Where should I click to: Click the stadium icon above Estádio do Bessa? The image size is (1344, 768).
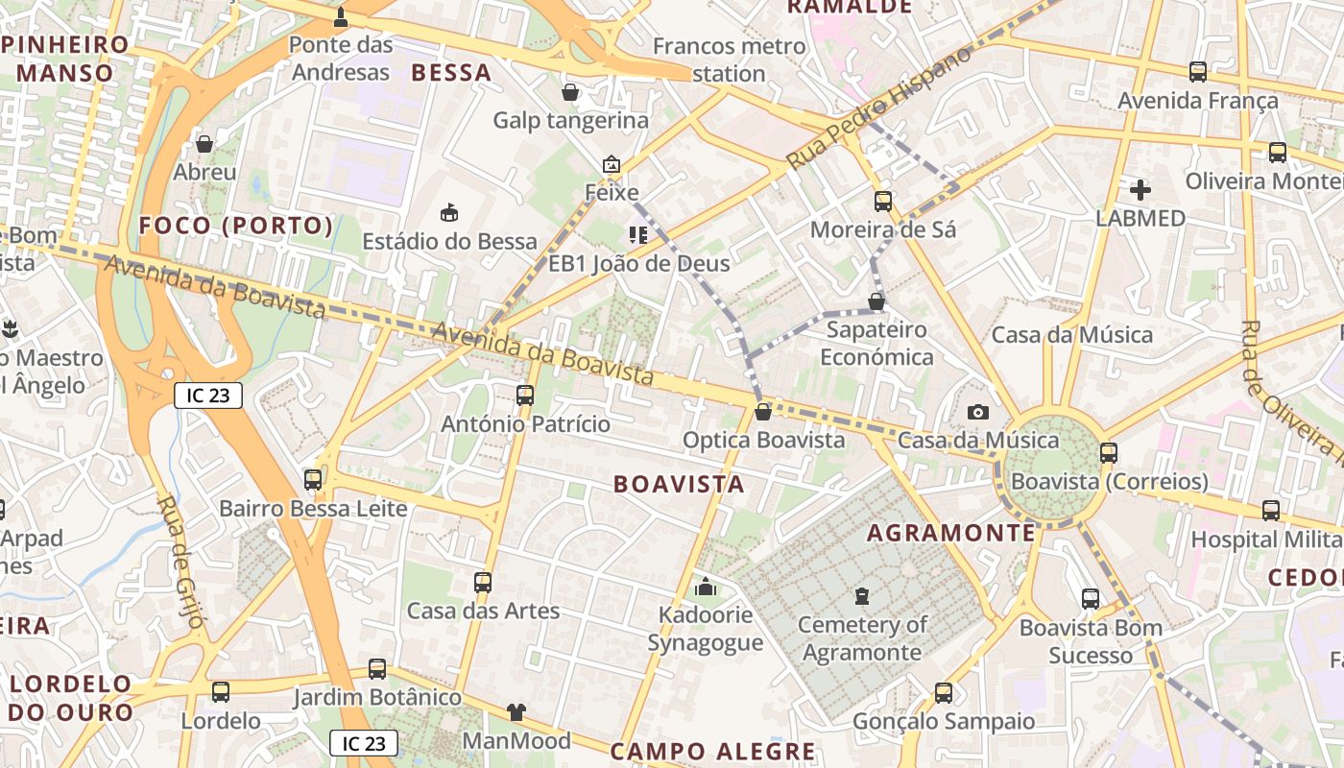448,212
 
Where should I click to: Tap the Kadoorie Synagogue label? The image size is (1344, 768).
705,629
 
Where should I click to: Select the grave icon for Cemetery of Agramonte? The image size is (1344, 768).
862,596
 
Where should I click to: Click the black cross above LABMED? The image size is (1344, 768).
1140,190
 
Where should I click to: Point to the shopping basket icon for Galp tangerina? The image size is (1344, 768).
570,92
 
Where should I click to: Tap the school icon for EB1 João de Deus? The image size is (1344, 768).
637,234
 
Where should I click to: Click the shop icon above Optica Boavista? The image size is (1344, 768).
763,412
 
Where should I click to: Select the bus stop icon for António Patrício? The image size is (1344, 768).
525,395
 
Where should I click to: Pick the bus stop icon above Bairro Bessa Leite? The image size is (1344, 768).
313,479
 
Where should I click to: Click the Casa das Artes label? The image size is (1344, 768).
483,611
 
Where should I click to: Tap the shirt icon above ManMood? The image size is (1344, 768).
516,711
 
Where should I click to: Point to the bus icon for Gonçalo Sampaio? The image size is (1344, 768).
944,692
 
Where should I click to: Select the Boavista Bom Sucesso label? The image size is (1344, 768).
1091,641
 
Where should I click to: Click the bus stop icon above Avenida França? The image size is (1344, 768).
1198,71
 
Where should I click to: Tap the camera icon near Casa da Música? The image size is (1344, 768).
978,412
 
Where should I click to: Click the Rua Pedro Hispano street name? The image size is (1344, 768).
878,108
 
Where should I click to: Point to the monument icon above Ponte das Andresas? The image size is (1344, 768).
341,16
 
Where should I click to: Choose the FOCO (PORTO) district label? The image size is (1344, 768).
236,226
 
